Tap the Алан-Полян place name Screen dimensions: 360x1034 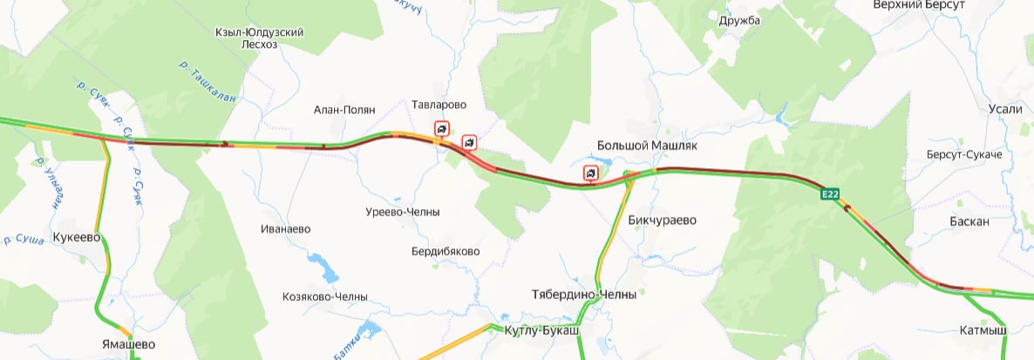click(x=344, y=111)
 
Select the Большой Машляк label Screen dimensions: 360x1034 click(x=647, y=146)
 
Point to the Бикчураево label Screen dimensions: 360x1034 click(x=663, y=220)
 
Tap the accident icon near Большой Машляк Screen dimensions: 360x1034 click(x=591, y=174)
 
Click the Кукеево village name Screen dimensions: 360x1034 click(x=78, y=237)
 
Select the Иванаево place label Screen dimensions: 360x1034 click(x=285, y=229)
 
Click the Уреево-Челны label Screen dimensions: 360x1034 click(x=402, y=213)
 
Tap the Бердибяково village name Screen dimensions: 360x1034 click(x=445, y=251)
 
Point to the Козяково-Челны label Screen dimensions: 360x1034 click(x=325, y=296)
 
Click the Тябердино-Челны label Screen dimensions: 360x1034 click(x=583, y=295)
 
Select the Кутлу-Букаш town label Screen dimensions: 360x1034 click(x=541, y=331)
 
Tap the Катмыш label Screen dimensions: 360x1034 click(x=983, y=331)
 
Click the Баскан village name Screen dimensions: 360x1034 click(x=969, y=221)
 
